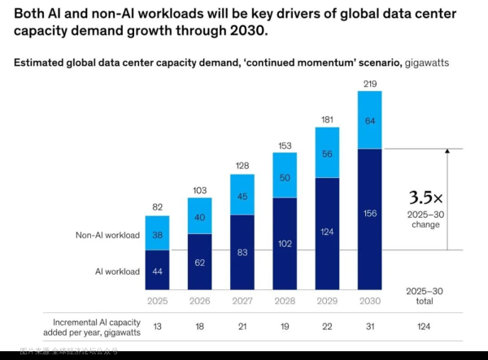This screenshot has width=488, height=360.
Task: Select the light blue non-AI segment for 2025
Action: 157,233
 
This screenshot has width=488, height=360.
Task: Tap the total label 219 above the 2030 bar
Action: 371,83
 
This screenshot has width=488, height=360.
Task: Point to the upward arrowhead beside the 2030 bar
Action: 447,152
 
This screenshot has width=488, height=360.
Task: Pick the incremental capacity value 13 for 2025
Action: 157,326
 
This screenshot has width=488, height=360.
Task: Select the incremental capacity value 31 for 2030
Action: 371,326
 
